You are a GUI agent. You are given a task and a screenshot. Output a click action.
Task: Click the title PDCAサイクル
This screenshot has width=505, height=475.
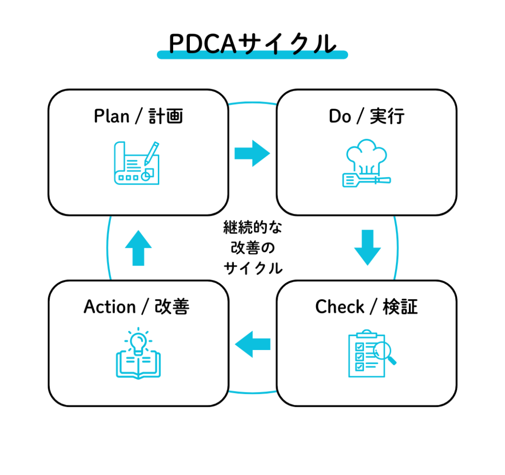coord(252,44)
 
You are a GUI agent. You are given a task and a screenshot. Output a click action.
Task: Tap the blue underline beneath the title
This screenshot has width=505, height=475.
coord(252,55)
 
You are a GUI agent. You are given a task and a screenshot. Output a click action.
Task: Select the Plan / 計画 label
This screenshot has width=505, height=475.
coord(138,117)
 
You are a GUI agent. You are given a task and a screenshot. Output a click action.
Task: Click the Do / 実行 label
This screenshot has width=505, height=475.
coord(366,117)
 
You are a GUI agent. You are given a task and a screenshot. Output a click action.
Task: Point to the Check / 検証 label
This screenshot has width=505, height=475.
coord(366,307)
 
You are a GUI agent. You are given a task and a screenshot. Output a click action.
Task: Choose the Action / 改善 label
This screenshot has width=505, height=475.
coord(137,307)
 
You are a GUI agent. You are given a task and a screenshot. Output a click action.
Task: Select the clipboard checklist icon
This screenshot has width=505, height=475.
coord(367,353)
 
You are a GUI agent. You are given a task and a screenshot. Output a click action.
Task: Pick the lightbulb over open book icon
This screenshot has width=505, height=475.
coord(138,353)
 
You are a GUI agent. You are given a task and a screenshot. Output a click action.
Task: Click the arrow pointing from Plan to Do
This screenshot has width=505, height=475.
coord(252,154)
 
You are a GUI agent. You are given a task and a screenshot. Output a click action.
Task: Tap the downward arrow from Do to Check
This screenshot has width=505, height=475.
coord(367,247)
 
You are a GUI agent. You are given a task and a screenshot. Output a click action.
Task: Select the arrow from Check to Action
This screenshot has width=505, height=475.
coord(253,344)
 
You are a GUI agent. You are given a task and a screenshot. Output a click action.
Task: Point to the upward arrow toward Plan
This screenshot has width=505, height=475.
coord(138,247)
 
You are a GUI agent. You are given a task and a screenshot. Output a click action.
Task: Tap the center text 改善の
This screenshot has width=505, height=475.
coord(252,248)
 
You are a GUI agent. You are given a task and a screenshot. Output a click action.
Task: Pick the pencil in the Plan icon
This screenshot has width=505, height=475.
coord(151,152)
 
